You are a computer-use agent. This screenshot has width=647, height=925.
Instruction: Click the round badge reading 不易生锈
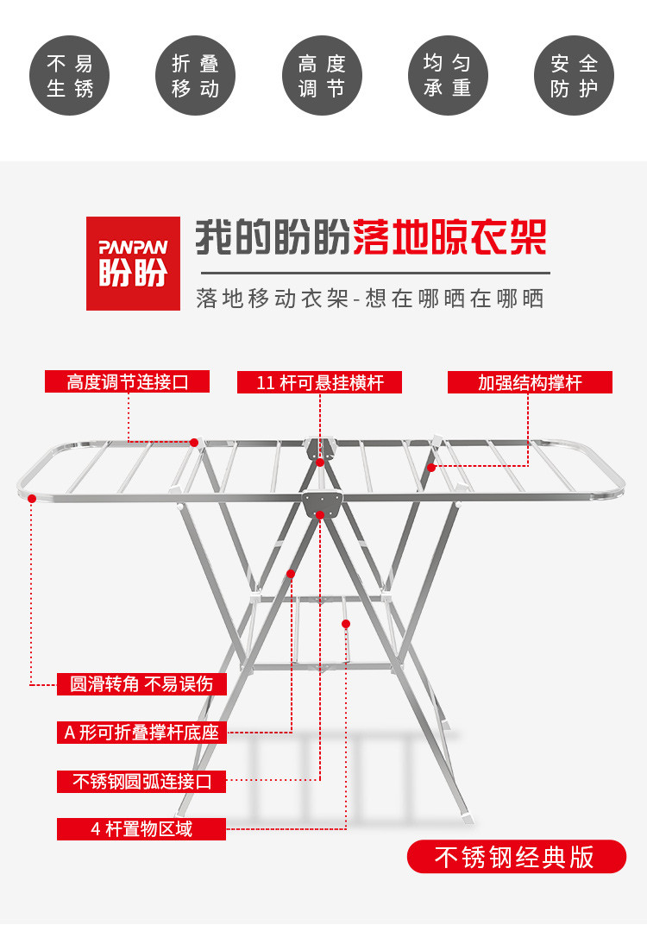69,76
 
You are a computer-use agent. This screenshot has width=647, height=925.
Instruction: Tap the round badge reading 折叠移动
196,76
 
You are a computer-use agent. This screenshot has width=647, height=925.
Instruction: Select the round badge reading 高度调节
323,76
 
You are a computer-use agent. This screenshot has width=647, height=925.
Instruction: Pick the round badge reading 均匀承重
448,76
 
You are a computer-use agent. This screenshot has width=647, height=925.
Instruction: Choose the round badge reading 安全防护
575,76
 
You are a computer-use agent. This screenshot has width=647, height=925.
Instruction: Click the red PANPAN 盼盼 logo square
133,263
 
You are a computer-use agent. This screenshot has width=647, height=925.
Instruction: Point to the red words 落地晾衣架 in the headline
449,236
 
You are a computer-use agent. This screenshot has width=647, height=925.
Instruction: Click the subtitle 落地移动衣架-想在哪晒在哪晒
370,298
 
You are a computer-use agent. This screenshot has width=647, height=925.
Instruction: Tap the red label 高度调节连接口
127,381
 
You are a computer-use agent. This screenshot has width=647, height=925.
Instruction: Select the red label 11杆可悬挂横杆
319,382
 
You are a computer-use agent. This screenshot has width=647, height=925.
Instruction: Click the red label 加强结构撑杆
530,382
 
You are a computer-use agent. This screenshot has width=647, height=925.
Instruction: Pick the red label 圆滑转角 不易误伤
141,684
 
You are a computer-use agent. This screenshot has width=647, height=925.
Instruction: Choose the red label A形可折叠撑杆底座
141,733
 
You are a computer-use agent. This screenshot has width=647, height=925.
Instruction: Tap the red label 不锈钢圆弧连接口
141,781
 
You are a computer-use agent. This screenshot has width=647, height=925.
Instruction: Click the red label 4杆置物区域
141,829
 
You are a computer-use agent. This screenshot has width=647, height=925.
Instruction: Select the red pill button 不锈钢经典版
516,857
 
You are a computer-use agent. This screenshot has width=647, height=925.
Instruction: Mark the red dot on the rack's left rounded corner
32,498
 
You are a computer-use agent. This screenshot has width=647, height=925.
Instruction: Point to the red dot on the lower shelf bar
346,623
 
